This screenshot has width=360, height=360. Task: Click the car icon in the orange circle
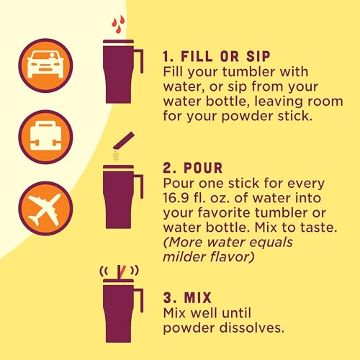pos(45,65)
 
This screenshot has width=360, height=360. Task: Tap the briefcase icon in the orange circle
pos(45,136)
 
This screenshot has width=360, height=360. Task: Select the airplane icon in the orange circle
pos(45,210)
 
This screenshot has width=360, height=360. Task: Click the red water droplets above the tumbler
pos(118,24)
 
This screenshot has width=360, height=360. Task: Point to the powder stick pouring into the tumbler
pos(124,140)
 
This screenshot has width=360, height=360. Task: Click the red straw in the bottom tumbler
pos(122,272)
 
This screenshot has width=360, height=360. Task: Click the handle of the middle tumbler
pos(139,186)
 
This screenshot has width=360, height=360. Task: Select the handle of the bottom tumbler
pos(139,300)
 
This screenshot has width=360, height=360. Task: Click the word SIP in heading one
pos(258,56)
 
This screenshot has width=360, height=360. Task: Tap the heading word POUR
pos(203,168)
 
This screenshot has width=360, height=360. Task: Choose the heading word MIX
pos(197,297)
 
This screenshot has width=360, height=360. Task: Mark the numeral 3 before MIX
pos(168,297)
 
